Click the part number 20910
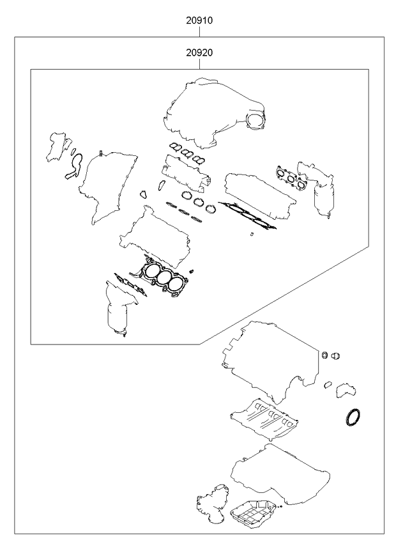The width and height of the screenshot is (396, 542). tap(199, 20)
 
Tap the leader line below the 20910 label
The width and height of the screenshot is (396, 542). tap(199, 31)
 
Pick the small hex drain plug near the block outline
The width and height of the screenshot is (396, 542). tap(336, 356)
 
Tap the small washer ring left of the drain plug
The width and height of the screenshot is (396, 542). tap(324, 355)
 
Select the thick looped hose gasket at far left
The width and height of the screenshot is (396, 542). tap(74, 164)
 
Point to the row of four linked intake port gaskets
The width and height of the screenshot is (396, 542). tap(187, 154)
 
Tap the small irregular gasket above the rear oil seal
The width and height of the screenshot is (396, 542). tap(347, 389)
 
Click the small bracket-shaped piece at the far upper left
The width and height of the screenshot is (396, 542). tap(57, 145)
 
